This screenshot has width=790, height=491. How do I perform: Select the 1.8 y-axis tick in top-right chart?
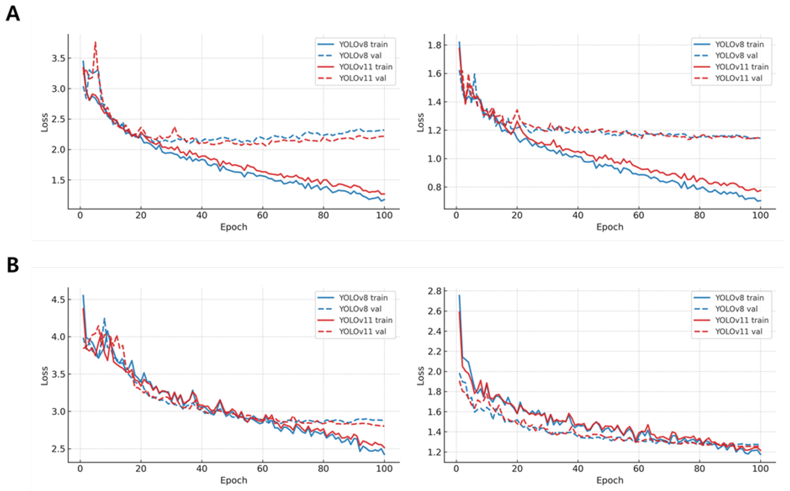(x=435, y=45)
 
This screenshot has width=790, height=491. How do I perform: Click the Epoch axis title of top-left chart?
(x=234, y=227)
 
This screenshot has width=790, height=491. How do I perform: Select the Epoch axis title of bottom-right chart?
(x=610, y=480)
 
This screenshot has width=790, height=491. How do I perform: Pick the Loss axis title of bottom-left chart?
(x=44, y=376)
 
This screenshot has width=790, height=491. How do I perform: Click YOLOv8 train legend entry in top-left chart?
(x=363, y=44)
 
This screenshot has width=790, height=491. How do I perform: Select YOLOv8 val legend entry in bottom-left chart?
(x=360, y=309)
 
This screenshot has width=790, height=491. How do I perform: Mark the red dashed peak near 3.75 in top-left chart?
(x=95, y=42)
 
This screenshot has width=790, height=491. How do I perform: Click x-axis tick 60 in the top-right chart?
(x=639, y=215)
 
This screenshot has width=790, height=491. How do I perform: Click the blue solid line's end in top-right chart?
(x=760, y=201)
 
